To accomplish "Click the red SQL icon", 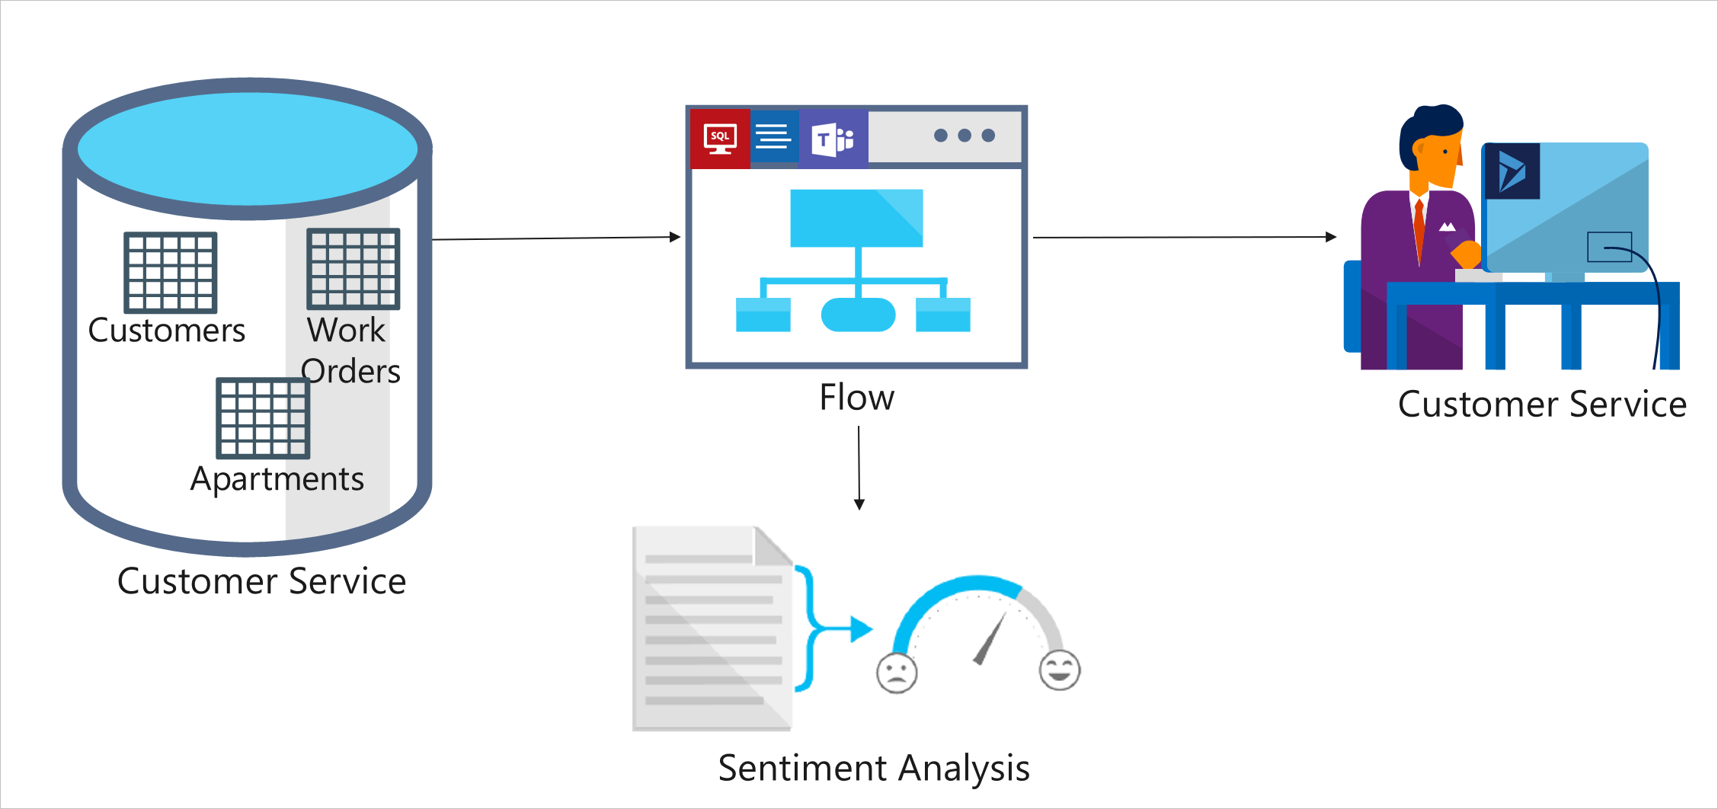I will (x=720, y=139).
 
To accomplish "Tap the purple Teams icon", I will (x=833, y=139).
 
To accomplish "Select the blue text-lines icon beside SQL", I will (x=774, y=137).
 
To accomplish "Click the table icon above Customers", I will (x=171, y=272).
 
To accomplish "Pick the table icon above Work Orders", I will (x=353, y=269).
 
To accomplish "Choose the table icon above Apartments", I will (x=263, y=418).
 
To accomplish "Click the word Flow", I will (x=856, y=398).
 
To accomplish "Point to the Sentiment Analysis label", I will (x=874, y=768).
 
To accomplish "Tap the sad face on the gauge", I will (x=897, y=673).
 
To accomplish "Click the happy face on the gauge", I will (x=1060, y=670).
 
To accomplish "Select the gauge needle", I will (x=990, y=638).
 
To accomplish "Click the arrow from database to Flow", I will (x=556, y=238).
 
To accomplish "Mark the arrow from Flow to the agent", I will (x=1184, y=238).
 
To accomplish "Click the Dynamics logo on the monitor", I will (x=1512, y=171).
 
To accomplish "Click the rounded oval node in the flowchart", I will (x=858, y=315).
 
